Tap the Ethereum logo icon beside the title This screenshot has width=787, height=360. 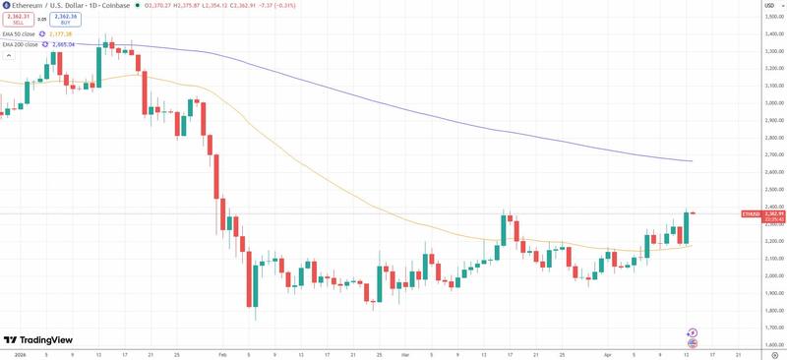coord(6,5)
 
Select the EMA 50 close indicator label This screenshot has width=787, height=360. coord(21,33)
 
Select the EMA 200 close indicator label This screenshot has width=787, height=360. coord(21,44)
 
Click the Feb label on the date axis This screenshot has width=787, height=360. coord(222,352)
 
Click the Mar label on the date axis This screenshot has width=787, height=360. coord(405,352)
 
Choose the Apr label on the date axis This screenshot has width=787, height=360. coord(609,352)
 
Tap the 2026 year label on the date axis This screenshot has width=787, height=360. coord(20,352)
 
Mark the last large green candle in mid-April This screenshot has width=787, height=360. coord(686,227)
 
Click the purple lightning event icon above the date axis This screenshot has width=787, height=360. coord(693,332)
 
